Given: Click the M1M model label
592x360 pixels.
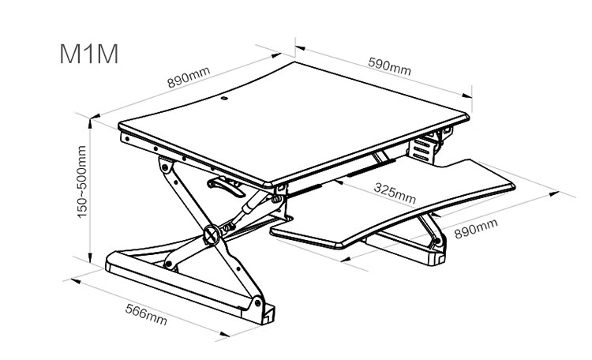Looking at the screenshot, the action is click(89, 54).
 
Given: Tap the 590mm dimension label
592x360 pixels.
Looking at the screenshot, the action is click(390, 66).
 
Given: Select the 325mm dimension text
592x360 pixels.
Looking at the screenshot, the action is click(395, 193).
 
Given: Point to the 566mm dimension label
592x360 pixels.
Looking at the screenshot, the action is click(146, 315).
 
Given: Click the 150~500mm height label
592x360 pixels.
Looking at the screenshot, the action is click(81, 182).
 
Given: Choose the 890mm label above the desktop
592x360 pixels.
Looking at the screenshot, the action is click(189, 77).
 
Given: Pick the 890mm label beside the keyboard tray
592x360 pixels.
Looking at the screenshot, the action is click(476, 228).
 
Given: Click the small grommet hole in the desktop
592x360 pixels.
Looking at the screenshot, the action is click(224, 99).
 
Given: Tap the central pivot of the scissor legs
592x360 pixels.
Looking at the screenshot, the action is click(212, 234).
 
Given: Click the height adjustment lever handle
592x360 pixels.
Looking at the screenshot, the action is click(227, 186).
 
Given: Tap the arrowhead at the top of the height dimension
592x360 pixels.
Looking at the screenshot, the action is click(90, 123).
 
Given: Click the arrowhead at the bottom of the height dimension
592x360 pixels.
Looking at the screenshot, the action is click(90, 257).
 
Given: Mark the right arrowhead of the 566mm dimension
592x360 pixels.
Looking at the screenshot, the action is click(225, 334).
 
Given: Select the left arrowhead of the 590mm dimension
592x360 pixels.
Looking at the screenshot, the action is click(300, 48).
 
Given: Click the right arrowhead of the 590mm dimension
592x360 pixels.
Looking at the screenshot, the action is click(467, 95).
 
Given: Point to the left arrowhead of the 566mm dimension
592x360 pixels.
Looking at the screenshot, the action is click(76, 281).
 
